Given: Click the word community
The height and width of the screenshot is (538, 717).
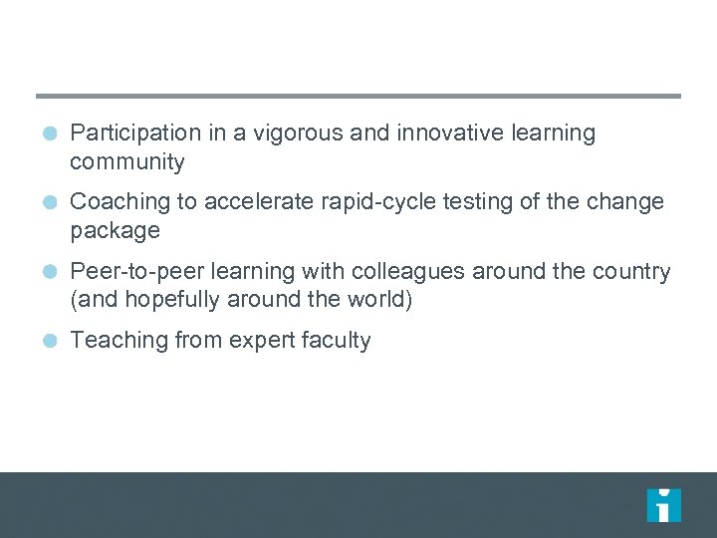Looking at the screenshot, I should click(127, 161).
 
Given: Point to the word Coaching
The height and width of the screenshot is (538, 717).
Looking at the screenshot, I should click(119, 202).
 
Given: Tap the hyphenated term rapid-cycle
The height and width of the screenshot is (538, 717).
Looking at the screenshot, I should click(366, 202).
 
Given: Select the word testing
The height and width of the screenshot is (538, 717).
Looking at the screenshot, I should click(474, 202).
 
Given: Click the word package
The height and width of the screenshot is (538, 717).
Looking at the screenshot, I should click(115, 231).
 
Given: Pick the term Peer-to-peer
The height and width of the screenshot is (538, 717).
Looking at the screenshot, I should click(135, 272).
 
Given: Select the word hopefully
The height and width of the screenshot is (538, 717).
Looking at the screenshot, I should click(168, 300).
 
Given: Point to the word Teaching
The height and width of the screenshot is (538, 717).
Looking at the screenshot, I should click(115, 341).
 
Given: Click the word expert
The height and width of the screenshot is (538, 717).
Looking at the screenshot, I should click(257, 341).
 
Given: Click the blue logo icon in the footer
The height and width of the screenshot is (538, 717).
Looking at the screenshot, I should click(663, 505).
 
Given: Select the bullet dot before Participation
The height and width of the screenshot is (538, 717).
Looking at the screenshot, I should click(51, 133).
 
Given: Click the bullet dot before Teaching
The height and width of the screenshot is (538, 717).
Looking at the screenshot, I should click(51, 341).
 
